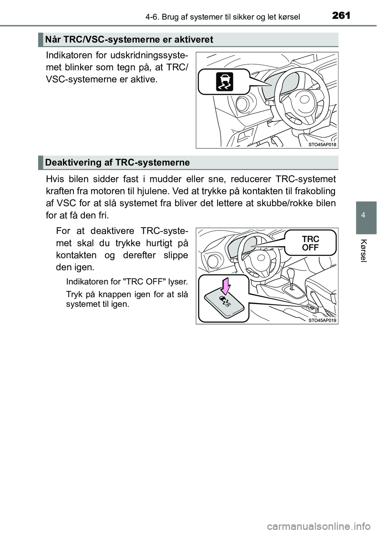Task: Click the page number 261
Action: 340,16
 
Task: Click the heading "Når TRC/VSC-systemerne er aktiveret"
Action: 129,39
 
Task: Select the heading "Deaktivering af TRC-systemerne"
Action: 117,162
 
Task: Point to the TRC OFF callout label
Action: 310,243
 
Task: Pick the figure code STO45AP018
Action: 322,144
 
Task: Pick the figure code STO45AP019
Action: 322,320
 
